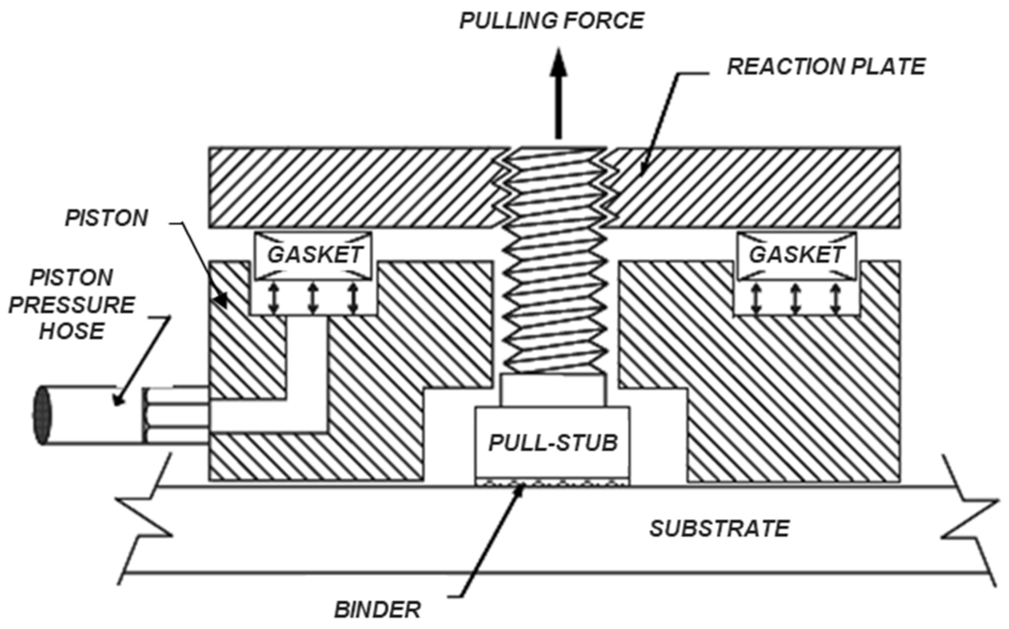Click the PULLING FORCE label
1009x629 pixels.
click(551, 21)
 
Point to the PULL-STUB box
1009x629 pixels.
click(552, 443)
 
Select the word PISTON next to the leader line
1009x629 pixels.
click(106, 218)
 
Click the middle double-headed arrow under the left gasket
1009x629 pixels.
click(313, 298)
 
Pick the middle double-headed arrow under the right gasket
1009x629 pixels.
click(795, 298)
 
